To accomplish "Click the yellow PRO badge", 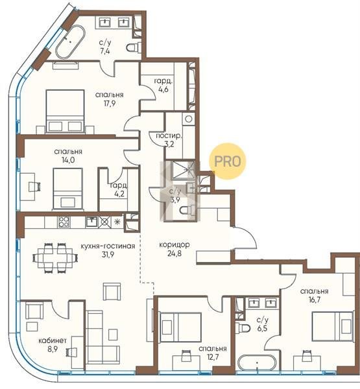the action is pos(228,161).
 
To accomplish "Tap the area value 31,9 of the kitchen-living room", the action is pos(108,255).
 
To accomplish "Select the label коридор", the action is pos(174,244).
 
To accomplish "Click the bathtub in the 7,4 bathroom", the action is pos(70,42).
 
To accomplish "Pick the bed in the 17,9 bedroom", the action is pos(65,112).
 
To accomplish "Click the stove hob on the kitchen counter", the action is pos(64,222).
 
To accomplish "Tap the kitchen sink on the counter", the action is pos(91,222).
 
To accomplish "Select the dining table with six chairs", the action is pos(55,258).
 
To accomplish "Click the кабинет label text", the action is pos(53,340).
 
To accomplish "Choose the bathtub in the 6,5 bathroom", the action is pos(258,363).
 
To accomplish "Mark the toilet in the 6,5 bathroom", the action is pos(243,328).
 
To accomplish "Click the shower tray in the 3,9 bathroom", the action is pos(184,170).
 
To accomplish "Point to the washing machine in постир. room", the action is pos(188,119).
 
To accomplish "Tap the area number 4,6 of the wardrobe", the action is pos(163,89).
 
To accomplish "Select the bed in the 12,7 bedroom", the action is pos(180,327).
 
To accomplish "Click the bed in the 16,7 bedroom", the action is pos(333,326).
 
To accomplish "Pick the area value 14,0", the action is pos(68,160).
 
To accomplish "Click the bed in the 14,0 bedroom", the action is pos(67,189).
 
